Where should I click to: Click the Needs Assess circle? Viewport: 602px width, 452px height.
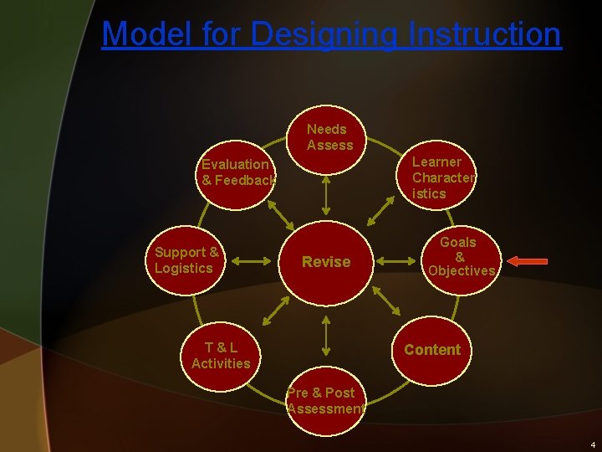(x=330, y=139)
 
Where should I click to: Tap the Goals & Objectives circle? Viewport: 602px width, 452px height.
(x=461, y=257)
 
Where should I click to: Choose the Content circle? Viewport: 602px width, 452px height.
(x=432, y=350)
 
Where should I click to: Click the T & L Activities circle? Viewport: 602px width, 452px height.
(x=221, y=355)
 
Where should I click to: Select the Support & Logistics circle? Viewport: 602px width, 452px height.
(x=186, y=260)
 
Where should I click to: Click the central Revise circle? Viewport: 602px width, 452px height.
(x=326, y=262)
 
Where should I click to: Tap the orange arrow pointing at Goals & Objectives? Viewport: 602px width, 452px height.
(x=528, y=262)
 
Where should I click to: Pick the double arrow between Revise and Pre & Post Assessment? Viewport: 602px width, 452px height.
(x=326, y=336)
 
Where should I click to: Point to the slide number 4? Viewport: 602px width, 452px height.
(x=592, y=444)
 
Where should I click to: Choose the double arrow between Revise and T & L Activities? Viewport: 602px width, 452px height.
(x=274, y=311)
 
